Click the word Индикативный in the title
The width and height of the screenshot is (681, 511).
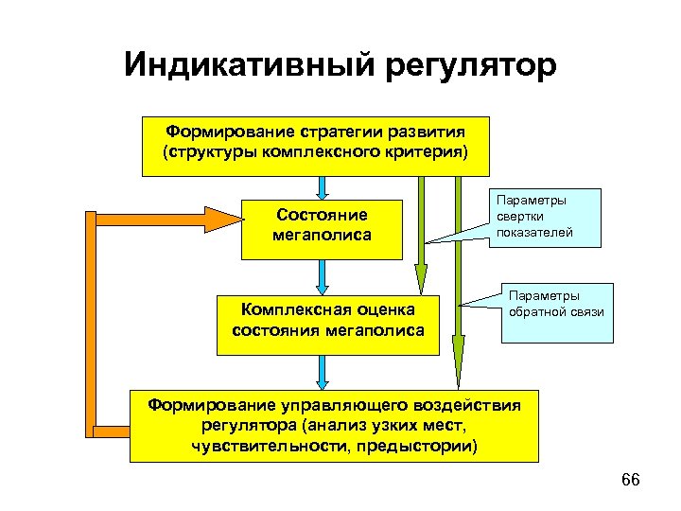coord(248,65)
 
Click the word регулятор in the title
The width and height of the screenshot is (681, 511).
coord(469,66)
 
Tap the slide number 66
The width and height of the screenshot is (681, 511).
coord(631,481)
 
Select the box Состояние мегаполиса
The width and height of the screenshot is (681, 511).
coord(323,228)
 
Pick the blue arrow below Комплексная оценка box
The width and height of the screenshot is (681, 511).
coord(323,371)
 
